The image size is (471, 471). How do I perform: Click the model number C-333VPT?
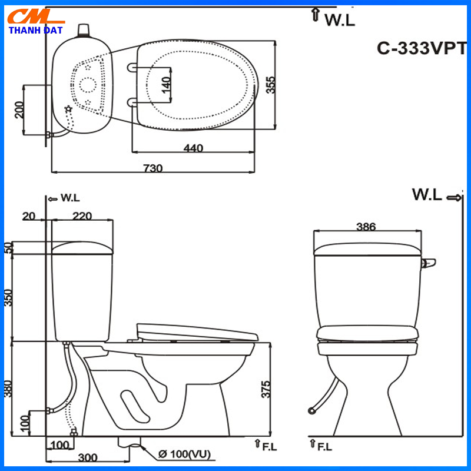[422, 49]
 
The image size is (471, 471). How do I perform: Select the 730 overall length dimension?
[152, 168]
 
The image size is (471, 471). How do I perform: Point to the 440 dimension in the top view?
[193, 148]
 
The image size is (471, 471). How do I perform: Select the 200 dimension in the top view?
[19, 110]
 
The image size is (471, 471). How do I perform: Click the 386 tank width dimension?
[366, 226]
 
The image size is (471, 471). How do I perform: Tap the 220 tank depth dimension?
[82, 215]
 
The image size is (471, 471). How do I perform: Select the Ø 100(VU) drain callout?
[184, 454]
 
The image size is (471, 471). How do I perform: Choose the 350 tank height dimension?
[8, 297]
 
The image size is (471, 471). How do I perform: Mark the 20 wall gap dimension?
[29, 215]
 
